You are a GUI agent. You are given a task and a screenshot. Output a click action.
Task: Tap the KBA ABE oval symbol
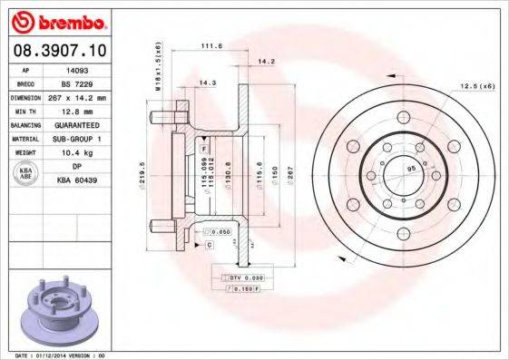pos(27,173)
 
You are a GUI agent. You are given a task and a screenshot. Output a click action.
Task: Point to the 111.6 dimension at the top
pos(211,47)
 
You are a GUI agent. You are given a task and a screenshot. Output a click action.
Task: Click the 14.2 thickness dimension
pos(266,62)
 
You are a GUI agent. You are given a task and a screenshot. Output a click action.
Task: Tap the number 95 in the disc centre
pos(410,170)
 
